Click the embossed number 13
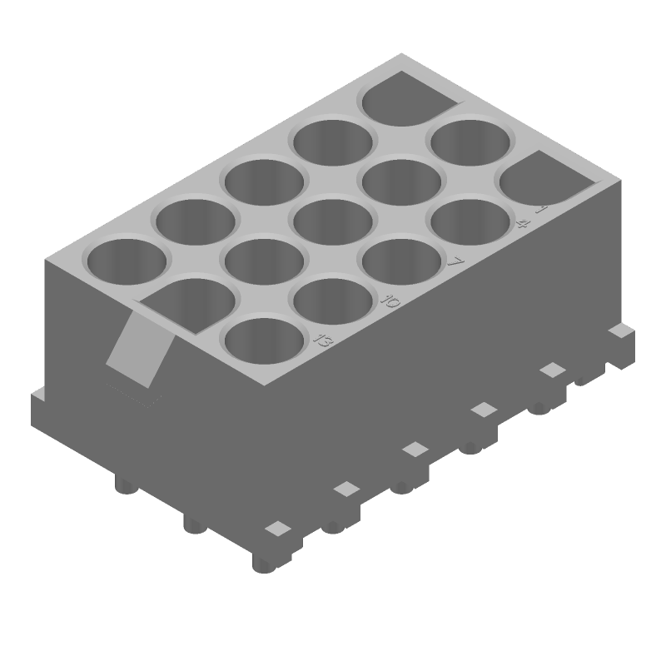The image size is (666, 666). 321,339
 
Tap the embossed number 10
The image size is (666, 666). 390,300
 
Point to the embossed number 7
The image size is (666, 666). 455,261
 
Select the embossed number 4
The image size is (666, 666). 524,223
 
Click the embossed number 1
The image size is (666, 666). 541,208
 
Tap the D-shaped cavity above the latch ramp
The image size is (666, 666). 190,301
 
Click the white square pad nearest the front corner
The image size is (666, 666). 277,529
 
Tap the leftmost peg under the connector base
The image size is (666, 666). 126,486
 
